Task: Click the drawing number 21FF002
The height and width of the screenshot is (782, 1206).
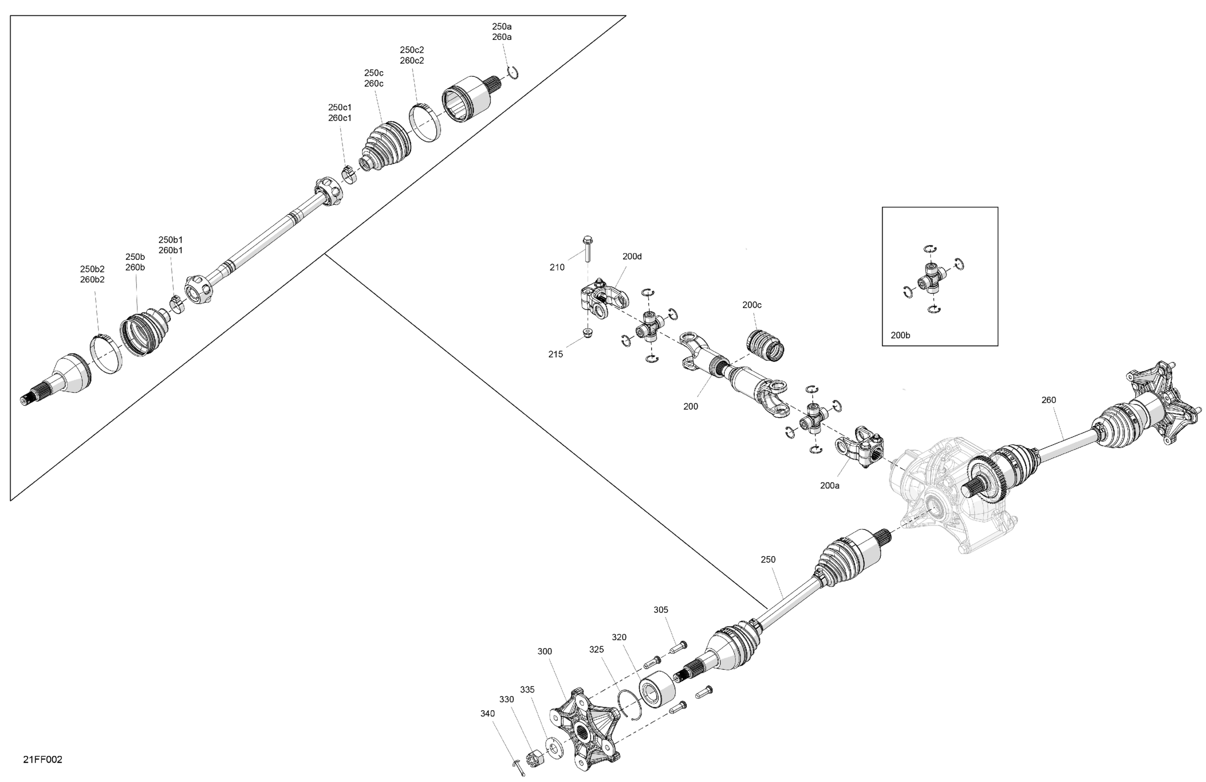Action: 43,759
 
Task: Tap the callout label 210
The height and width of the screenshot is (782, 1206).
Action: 557,267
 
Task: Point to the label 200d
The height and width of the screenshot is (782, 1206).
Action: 632,256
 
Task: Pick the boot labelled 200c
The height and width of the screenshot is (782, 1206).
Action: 765,345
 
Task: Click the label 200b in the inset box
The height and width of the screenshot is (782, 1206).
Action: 901,335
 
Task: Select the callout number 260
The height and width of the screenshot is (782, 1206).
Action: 1048,400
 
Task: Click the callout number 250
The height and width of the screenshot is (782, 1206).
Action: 768,559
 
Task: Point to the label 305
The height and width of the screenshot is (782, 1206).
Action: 661,609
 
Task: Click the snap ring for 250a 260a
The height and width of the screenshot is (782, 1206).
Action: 513,73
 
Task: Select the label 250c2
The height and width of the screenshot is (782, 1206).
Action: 412,50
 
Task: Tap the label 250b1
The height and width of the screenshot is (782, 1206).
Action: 170,240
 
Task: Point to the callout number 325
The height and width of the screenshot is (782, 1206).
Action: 597,649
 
